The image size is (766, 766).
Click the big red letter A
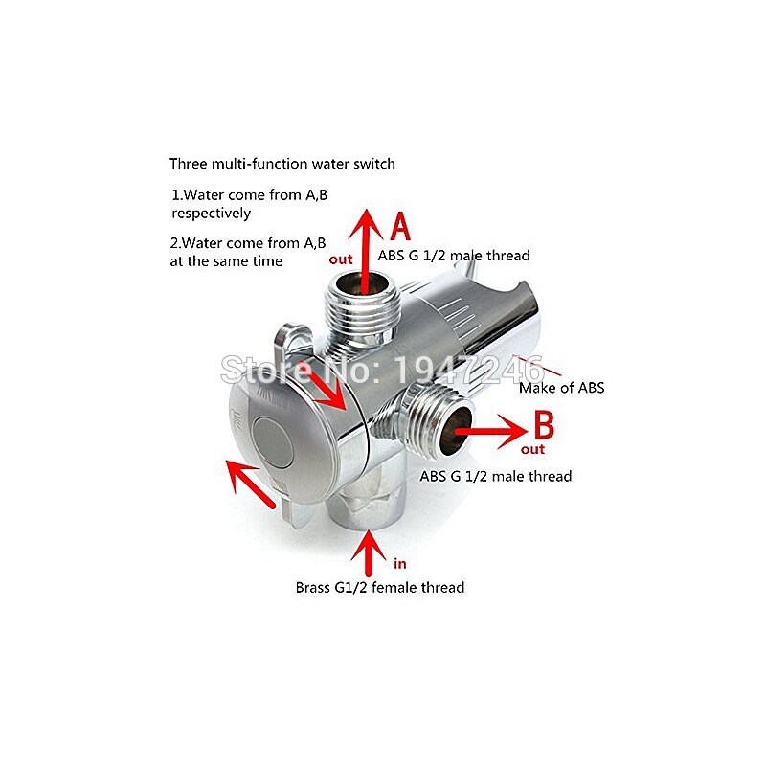pyautogui.click(x=399, y=228)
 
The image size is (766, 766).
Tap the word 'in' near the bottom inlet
pyautogui.click(x=400, y=564)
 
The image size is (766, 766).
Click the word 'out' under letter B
pyautogui.click(x=533, y=449)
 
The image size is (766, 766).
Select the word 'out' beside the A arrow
pyautogui.click(x=340, y=258)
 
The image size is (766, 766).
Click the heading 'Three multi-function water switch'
pyautogui.click(x=282, y=164)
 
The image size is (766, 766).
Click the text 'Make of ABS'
pyautogui.click(x=562, y=388)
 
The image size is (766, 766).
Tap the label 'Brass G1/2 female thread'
pyautogui.click(x=380, y=587)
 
